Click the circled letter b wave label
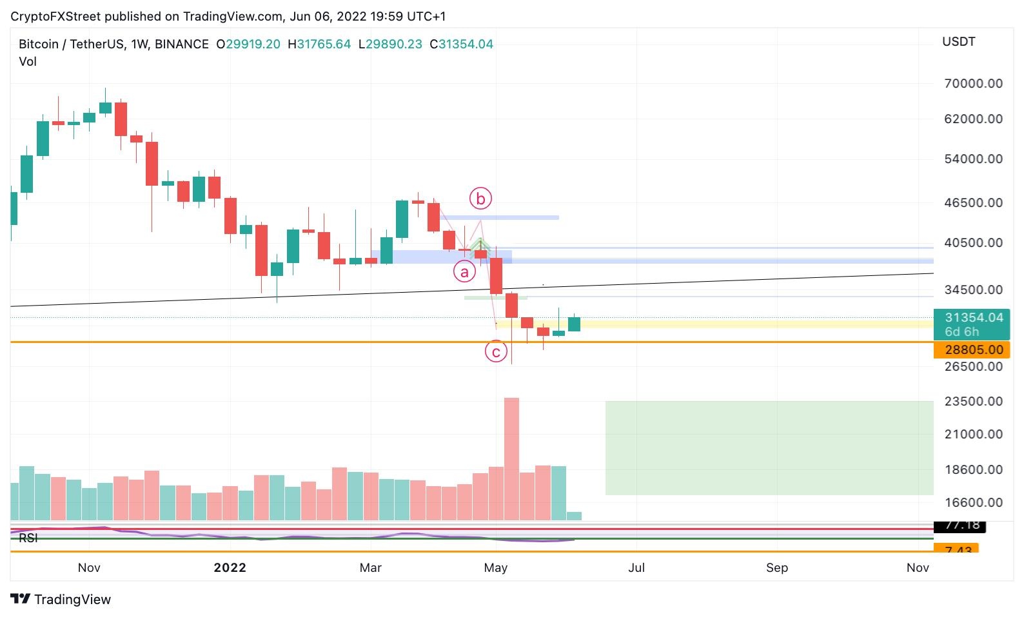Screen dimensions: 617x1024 pos(480,199)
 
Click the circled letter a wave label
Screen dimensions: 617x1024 pos(464,272)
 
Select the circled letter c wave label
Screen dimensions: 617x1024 pos(496,352)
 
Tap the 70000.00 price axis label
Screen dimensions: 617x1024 pos(973,83)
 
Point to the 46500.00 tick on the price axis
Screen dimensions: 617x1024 pos(973,202)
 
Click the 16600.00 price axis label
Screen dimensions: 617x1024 pos(973,502)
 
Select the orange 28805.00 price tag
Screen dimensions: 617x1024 pos(971,350)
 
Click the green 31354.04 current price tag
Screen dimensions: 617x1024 pos(971,324)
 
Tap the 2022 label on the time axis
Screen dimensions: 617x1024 pos(230,567)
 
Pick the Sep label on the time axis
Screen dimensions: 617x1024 pos(777,567)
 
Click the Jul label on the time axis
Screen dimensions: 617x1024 pos(636,567)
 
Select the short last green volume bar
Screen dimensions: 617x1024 pos(574,516)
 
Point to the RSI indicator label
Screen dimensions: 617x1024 pos(28,538)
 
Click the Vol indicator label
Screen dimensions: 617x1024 pos(28,62)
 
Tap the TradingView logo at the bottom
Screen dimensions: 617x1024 pos(61,599)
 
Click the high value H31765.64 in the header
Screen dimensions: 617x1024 pos(319,44)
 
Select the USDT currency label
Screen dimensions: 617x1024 pos(958,42)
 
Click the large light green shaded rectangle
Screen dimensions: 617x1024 pos(769,448)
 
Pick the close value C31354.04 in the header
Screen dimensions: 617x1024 pos(462,44)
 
